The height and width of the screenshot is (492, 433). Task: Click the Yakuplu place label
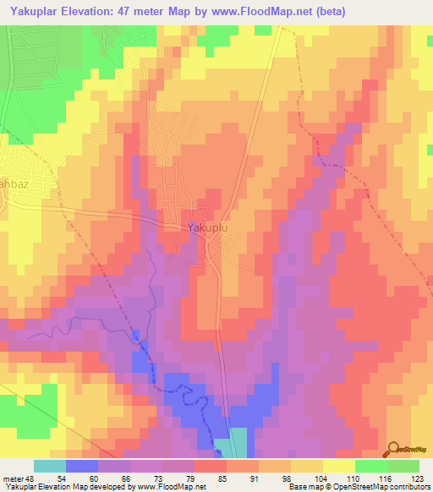pyautogui.click(x=207, y=227)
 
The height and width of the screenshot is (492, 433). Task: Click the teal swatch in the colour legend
pyautogui.click(x=50, y=466)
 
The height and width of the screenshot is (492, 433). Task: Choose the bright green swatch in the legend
pyautogui.click(x=371, y=466)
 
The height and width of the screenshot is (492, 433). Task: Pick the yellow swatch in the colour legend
pyautogui.click(x=339, y=466)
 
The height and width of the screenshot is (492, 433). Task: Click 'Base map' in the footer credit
pyautogui.click(x=302, y=487)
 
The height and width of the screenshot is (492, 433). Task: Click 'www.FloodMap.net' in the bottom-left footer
pyautogui.click(x=151, y=487)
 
